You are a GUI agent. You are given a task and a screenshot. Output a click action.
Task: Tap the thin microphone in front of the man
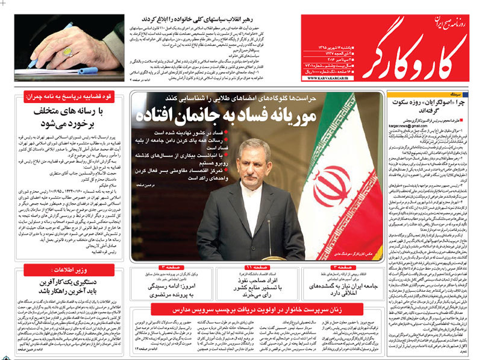[269, 235]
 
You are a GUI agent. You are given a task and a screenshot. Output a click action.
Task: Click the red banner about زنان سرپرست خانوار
[255, 308]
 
